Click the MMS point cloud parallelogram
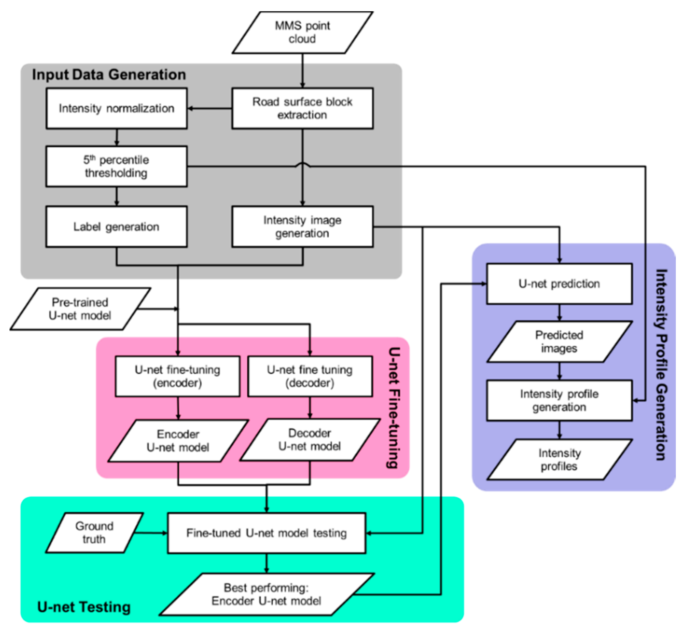point(302,32)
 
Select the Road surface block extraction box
point(302,108)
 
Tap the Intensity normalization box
point(117,108)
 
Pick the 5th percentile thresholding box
point(117,166)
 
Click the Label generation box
point(117,227)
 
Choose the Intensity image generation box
point(302,227)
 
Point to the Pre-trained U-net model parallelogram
point(80,309)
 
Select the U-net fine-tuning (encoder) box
point(178,376)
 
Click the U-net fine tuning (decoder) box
point(310,376)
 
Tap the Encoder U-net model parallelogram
point(178,441)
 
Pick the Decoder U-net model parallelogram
point(310,440)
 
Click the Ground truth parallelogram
point(94,533)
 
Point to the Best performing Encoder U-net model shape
point(267,595)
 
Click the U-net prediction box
point(559,284)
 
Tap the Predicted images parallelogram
point(559,342)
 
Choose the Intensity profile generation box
point(559,401)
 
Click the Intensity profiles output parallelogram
point(559,460)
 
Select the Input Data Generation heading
point(109,75)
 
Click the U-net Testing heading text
point(84,607)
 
